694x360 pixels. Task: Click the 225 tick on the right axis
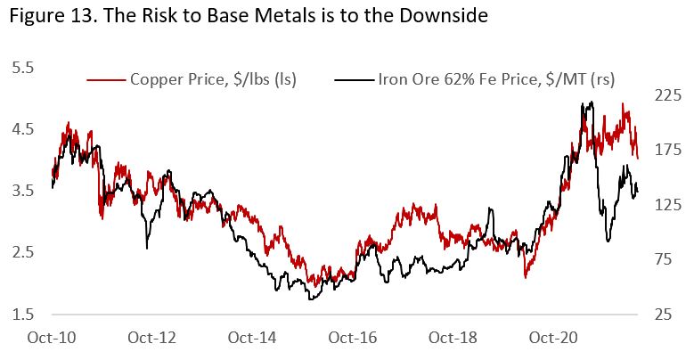coord(668,94)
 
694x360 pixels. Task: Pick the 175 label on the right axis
coord(668,149)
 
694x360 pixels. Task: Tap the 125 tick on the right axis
coord(668,204)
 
